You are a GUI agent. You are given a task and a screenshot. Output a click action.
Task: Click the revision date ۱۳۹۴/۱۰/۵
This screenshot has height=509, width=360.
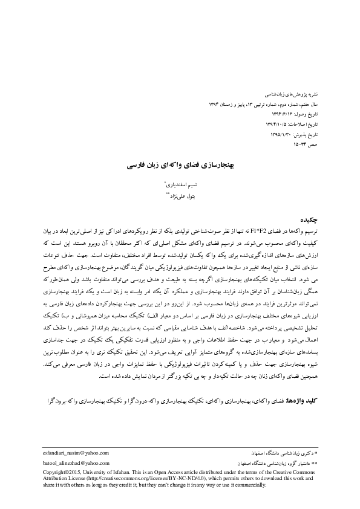click(276, 121)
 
